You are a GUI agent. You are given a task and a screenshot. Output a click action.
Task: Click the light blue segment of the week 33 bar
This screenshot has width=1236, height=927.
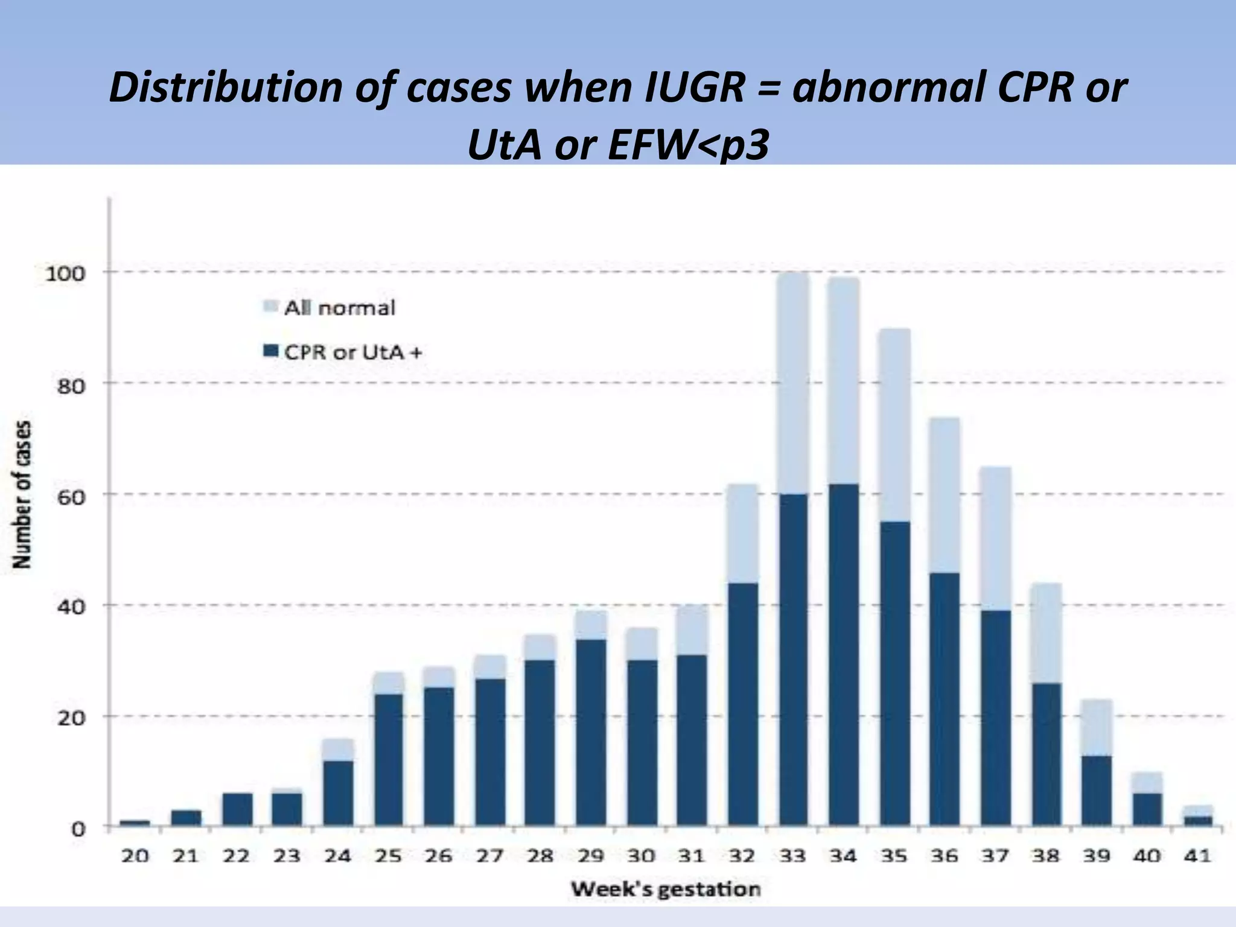coord(794,383)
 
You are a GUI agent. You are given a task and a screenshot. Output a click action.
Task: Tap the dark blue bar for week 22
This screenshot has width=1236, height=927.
coord(237,810)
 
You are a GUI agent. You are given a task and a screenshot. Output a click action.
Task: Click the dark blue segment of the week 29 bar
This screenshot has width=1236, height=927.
coord(591,733)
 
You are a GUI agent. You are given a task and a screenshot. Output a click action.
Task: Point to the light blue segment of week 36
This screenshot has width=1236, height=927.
coord(945,495)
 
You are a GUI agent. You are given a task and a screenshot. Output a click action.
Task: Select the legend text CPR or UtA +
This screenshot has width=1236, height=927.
coord(353,352)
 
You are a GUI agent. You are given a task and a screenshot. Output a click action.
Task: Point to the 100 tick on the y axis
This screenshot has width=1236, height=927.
coord(66,273)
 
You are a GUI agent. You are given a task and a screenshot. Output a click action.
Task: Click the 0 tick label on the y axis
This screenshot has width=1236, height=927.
coord(78,829)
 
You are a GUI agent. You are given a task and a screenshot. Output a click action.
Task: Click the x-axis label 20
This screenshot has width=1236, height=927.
coord(135,856)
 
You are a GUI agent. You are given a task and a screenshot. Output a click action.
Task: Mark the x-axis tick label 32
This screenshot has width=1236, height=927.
coord(742,856)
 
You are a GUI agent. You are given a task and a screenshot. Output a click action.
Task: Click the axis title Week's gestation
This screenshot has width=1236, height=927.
coord(665,889)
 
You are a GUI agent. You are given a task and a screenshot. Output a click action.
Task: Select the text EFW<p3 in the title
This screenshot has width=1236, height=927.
coord(689,145)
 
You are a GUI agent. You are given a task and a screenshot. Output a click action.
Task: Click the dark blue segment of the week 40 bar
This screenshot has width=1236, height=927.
coord(1146,810)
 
